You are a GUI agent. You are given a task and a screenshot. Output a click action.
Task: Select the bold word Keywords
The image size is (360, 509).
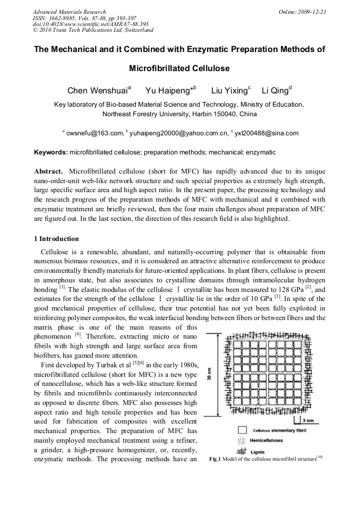click(x=50, y=152)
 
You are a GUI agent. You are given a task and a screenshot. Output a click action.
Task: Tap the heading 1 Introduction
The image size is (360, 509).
click(x=56, y=238)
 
